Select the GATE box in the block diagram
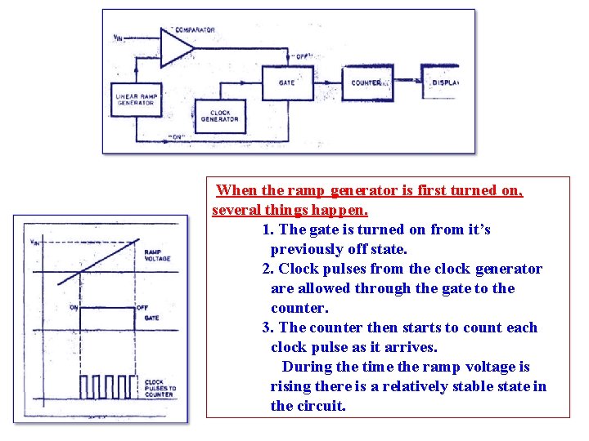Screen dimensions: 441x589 286,82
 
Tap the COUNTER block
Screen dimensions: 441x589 367,82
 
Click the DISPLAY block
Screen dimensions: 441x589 443,82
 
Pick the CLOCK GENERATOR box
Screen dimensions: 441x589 220,117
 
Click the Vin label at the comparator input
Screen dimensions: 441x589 119,38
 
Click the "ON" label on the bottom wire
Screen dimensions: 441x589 176,136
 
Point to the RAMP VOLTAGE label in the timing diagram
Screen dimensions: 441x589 157,256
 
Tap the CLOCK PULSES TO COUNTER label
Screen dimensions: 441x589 159,388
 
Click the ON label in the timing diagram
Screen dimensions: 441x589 74,308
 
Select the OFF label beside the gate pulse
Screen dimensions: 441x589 142,308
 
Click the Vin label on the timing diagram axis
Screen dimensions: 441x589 34,242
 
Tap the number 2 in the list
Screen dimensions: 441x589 267,269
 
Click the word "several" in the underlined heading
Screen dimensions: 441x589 238,210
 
